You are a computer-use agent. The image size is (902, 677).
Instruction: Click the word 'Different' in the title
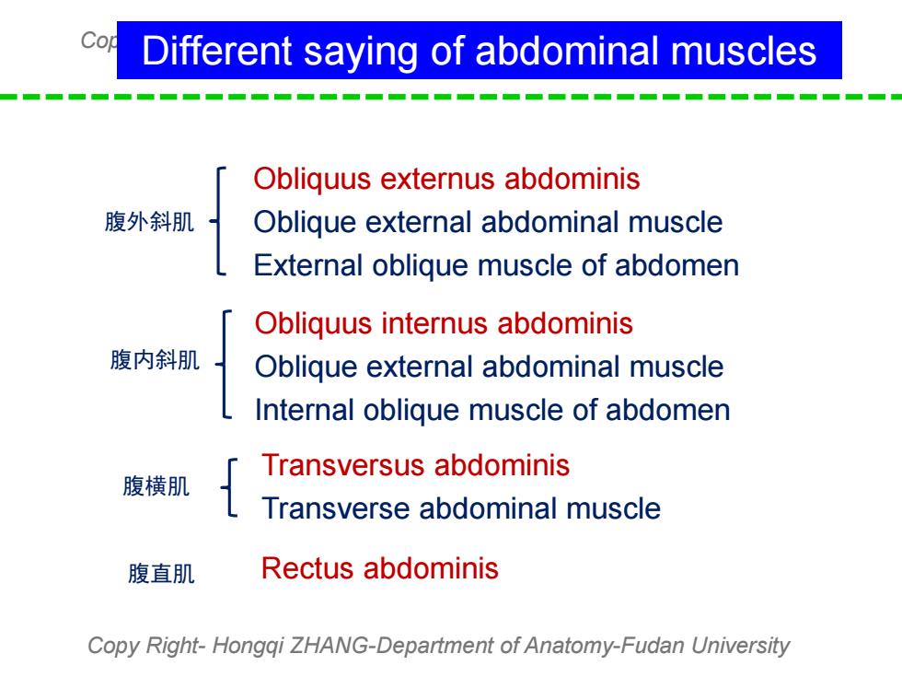tap(217, 51)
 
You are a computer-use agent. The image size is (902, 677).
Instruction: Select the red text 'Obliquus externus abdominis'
tap(446, 180)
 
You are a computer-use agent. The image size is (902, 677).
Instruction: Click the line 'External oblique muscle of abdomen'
tap(496, 266)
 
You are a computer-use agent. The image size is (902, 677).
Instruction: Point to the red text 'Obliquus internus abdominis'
tap(444, 324)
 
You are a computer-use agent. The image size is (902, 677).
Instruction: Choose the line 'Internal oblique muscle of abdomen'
tap(492, 411)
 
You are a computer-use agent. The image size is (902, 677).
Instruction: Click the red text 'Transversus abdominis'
tap(415, 465)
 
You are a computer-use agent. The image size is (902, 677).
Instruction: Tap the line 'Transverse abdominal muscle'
tap(461, 508)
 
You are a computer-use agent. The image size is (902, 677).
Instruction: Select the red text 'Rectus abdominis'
tap(379, 569)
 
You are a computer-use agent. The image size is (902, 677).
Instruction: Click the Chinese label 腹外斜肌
tap(149, 222)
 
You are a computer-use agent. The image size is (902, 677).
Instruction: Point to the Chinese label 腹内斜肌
tap(155, 360)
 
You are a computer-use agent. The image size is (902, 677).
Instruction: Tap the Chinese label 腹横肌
tap(156, 486)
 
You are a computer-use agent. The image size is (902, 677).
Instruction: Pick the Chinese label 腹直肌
tap(161, 574)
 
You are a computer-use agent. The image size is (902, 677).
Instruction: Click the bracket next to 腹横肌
tap(229, 487)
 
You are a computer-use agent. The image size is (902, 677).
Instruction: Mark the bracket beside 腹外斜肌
tap(218, 221)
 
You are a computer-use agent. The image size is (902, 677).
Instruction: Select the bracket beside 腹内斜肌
tap(224, 364)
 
